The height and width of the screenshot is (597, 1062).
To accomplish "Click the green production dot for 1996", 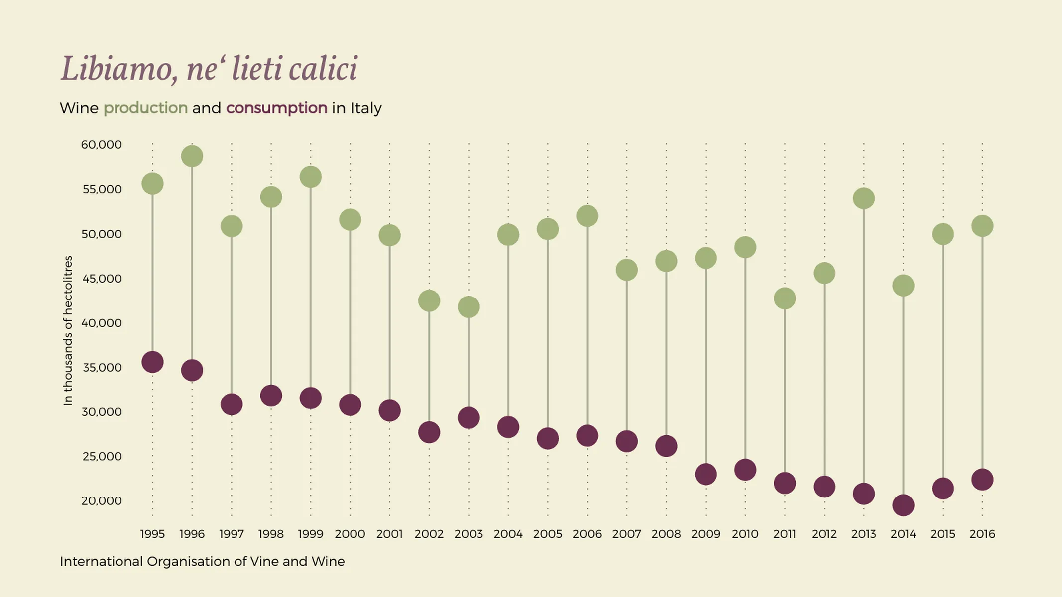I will click(x=192, y=156).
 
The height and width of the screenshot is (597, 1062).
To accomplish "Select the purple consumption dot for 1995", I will click(x=152, y=362).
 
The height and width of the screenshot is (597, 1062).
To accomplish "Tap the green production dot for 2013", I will click(x=863, y=199).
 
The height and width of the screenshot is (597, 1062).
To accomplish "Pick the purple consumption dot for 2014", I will click(x=903, y=505).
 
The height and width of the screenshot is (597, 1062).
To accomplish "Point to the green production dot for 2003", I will click(x=469, y=307).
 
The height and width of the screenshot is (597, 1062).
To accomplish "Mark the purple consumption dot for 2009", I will click(x=706, y=474).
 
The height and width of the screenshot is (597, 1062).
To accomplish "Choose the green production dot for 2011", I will click(x=785, y=298).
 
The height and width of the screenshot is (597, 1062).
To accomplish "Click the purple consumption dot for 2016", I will click(x=982, y=480).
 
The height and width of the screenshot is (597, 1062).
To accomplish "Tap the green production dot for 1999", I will click(x=311, y=177).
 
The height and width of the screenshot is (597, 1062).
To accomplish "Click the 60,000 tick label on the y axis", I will click(x=102, y=145).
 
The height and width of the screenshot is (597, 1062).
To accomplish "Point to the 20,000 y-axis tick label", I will click(x=102, y=501).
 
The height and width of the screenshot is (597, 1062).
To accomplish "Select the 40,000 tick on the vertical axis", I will click(x=102, y=323).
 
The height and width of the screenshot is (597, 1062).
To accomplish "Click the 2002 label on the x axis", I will click(x=429, y=534).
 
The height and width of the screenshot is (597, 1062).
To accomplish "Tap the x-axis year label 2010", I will click(x=745, y=534).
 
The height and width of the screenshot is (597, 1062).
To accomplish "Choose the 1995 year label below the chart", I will click(x=152, y=534).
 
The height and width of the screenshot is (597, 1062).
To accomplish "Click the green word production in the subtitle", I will click(x=145, y=108).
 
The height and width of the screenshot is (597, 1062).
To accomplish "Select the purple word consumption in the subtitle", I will click(x=277, y=108).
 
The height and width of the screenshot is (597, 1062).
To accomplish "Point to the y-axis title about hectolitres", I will click(x=68, y=331).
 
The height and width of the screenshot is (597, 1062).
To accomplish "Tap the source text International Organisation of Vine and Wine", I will click(x=202, y=562).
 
